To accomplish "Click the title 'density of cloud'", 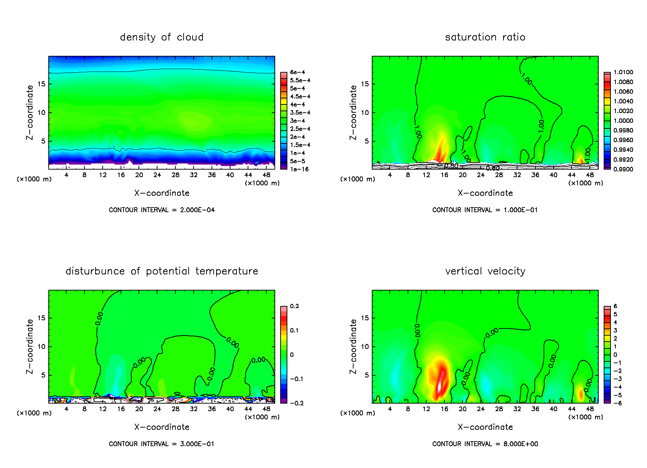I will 161,37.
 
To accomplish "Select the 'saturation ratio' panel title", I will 485,37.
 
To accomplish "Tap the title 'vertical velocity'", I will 485,271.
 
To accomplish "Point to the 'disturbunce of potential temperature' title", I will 161,271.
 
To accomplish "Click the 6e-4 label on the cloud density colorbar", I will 297,72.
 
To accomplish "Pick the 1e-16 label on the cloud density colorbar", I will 299,169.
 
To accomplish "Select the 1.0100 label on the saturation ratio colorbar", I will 623,72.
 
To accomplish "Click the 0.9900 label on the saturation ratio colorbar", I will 623,169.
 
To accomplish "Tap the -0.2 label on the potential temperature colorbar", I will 297,403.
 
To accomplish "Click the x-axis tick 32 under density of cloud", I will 194,175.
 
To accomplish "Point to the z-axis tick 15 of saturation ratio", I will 365,84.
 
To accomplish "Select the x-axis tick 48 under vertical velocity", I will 590,409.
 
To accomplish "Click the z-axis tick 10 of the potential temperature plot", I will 42,346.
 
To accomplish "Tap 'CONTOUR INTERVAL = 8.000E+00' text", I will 485,444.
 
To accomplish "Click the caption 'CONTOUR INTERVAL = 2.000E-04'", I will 161,210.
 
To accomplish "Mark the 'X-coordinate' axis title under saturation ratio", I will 485,193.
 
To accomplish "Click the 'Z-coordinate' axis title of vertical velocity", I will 353,346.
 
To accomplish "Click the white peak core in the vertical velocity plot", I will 439,387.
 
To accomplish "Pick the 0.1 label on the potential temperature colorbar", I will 294,330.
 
